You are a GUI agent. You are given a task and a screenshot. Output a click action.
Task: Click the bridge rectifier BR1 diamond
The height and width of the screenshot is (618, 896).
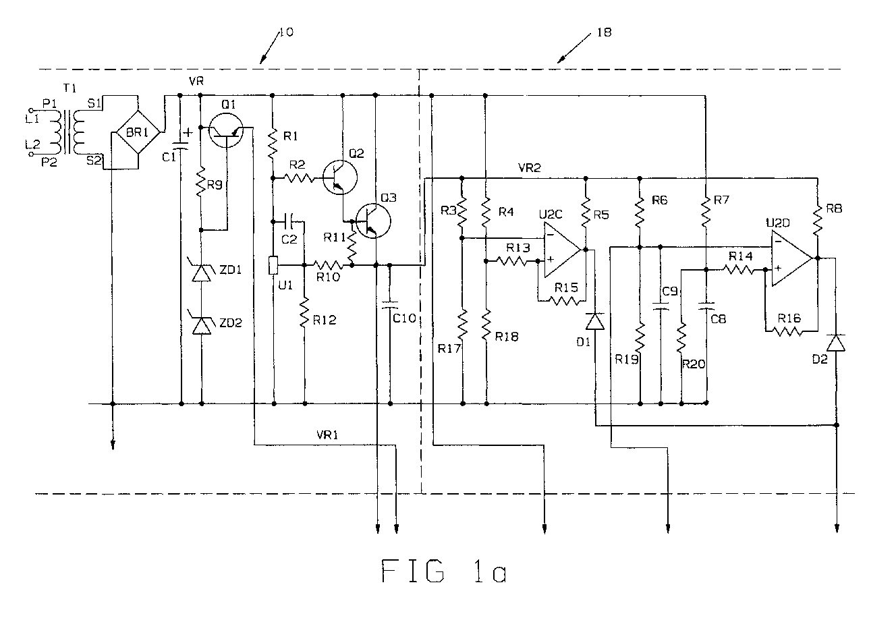click(138, 132)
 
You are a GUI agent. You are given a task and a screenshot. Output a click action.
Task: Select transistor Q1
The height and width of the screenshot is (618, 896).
click(226, 130)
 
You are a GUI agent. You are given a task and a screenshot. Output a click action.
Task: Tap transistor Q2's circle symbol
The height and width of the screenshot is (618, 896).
click(340, 177)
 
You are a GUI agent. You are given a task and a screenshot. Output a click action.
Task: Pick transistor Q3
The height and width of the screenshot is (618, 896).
click(374, 221)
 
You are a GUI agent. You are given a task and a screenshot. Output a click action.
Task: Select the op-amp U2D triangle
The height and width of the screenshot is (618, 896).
click(792, 259)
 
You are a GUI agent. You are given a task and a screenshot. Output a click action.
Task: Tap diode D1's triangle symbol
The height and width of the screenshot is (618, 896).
click(595, 321)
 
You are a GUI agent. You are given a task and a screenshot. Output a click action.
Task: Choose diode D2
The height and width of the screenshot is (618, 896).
click(835, 343)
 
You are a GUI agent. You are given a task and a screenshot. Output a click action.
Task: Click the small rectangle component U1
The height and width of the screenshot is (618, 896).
click(273, 266)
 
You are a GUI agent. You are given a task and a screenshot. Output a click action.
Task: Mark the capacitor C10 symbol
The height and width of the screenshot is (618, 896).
click(390, 305)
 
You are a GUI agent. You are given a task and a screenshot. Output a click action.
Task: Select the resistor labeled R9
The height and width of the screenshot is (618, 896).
click(201, 182)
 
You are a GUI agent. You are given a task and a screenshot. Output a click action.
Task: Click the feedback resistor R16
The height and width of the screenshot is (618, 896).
click(787, 331)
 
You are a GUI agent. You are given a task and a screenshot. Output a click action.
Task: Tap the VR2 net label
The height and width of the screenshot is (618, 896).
click(529, 167)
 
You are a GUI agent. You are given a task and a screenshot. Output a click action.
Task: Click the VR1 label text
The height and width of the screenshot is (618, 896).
click(327, 434)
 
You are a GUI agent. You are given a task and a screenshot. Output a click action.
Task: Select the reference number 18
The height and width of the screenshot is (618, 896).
click(604, 32)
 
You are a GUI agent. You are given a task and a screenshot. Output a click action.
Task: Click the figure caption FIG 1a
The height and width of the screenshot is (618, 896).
click(443, 571)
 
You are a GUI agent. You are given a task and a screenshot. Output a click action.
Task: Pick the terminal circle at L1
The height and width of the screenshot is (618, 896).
click(31, 109)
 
